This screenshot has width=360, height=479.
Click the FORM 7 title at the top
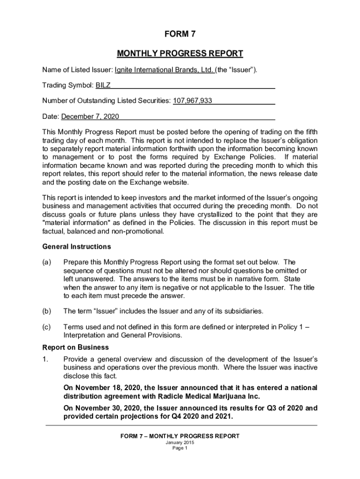pos(180,34)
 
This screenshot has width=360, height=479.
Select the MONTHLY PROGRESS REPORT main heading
pos(180,53)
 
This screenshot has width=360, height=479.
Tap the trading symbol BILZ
pos(103,86)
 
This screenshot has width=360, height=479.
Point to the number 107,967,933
pos(193,101)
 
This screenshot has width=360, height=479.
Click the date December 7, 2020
pos(90,116)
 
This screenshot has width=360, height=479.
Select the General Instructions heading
pos(77,247)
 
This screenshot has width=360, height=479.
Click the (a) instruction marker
pos(47,262)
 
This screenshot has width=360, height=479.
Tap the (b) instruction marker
pos(47,311)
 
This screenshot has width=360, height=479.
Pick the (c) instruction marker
pos(47,327)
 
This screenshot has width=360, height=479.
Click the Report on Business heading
pos(76,348)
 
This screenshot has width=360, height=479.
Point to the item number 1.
pos(45,359)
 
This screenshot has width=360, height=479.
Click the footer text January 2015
pos(180,443)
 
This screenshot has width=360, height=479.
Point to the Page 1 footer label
pos(180,448)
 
